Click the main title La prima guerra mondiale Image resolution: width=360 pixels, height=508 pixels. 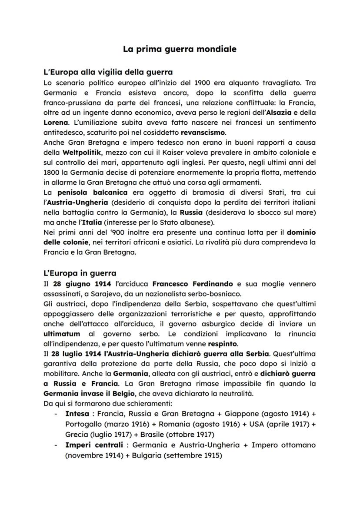click(180, 49)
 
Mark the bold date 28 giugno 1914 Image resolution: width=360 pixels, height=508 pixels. click(79, 283)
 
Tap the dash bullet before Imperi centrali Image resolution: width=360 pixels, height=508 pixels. click(55, 446)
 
